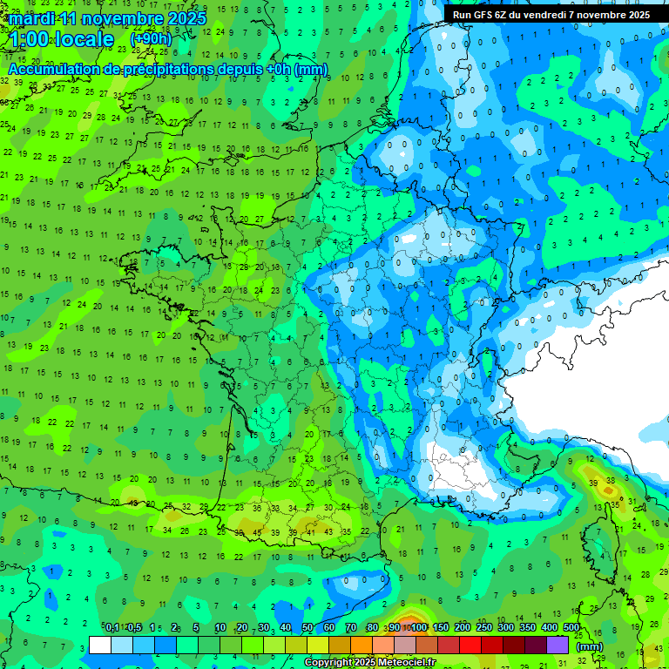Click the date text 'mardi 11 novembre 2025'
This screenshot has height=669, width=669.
pyautogui.click(x=107, y=18)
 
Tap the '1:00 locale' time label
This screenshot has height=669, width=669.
pyautogui.click(x=62, y=39)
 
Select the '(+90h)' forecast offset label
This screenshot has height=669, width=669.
pyautogui.click(x=151, y=39)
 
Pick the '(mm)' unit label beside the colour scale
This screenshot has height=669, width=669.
pyautogui.click(x=590, y=646)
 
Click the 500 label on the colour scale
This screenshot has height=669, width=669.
pyautogui.click(x=571, y=628)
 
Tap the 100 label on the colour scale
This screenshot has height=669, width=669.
pyautogui.click(x=419, y=628)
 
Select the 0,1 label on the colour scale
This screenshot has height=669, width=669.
pyautogui.click(x=112, y=628)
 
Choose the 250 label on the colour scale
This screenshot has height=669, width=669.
pyautogui.click(x=484, y=628)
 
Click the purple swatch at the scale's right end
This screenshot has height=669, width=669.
pyautogui.click(x=557, y=645)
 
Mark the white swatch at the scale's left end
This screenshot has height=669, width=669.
pyautogui.click(x=100, y=645)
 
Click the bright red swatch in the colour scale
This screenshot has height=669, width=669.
pyautogui.click(x=470, y=645)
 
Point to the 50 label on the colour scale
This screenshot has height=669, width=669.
pyautogui.click(x=307, y=628)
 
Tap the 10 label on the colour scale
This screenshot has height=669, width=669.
pyautogui.click(x=220, y=628)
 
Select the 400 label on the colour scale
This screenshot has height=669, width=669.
pyautogui.click(x=550, y=628)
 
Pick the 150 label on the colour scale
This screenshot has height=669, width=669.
pyautogui.click(x=441, y=628)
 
